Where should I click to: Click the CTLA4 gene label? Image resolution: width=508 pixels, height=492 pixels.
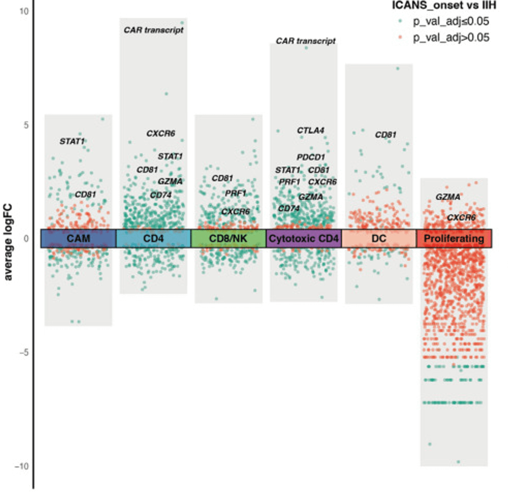tap(311, 131)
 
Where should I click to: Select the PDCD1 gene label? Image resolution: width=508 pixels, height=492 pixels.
tap(311, 157)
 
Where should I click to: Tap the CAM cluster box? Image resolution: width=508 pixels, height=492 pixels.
tap(78, 239)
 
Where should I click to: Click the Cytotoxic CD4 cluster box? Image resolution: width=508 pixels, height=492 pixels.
tap(303, 239)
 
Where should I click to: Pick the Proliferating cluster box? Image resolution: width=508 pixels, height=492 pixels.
tap(453, 239)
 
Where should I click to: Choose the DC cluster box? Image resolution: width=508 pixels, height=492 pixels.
tap(378, 239)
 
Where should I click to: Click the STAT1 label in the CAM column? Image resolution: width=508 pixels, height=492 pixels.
tap(72, 141)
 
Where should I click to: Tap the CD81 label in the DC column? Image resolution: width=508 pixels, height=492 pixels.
tap(386, 135)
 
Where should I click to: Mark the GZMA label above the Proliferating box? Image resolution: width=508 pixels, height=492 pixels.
tap(448, 197)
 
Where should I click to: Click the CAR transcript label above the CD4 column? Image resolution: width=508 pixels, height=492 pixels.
tap(153, 30)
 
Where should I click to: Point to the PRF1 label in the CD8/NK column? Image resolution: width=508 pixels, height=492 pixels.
tap(236, 193)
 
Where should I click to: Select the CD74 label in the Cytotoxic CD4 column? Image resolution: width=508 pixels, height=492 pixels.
tap(288, 208)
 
